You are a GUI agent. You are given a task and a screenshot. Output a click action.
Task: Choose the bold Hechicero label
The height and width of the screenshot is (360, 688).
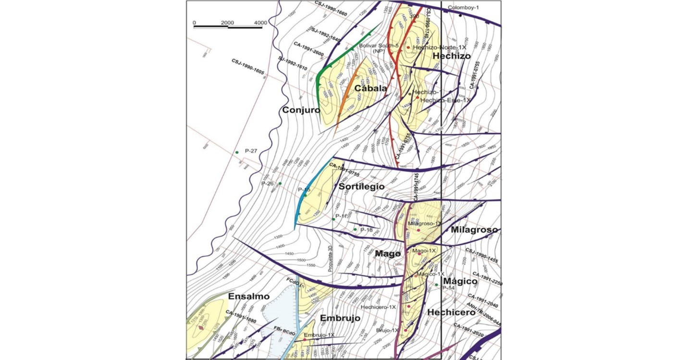click(x=451, y=312)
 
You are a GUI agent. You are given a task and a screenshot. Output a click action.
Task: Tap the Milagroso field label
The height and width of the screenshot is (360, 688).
click(x=474, y=230)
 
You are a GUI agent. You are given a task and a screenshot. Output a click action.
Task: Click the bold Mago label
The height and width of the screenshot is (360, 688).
click(x=388, y=253)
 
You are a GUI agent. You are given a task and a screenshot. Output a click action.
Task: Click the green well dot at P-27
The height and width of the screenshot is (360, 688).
click(x=237, y=152)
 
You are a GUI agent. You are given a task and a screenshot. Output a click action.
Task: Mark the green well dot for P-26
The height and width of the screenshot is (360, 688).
click(x=280, y=184)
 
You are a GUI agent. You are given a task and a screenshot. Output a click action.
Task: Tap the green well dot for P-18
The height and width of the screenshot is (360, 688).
click(x=355, y=230)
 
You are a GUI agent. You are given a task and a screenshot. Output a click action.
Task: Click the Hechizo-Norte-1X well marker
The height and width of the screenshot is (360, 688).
click(x=408, y=48)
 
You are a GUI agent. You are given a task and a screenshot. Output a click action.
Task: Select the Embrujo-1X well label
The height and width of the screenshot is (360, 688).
click(x=319, y=335)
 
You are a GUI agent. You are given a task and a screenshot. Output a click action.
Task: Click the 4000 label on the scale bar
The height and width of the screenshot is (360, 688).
click(x=261, y=23)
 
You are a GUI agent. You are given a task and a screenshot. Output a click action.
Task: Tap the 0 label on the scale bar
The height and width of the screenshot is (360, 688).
click(x=194, y=23)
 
